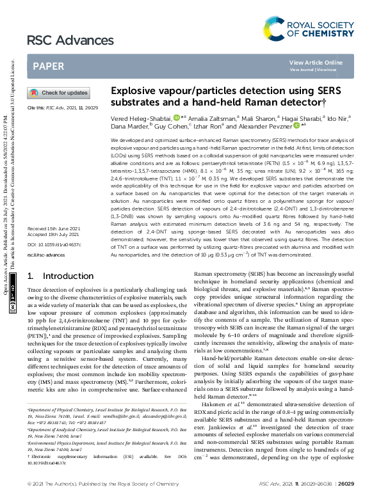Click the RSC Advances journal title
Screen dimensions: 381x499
(60, 41)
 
